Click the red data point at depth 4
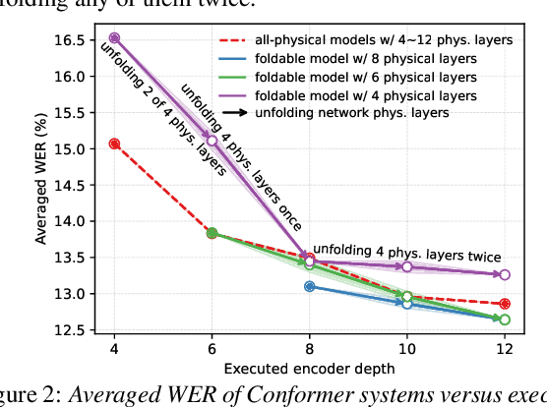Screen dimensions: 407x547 [x=114, y=144]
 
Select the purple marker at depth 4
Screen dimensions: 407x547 [x=114, y=37]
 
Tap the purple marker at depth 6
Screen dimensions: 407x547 [x=212, y=141]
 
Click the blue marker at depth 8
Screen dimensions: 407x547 [x=310, y=286]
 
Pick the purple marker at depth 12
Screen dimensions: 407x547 [x=505, y=275]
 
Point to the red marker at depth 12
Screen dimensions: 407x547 [x=505, y=304]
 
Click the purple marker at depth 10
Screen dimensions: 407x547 [x=407, y=266]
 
